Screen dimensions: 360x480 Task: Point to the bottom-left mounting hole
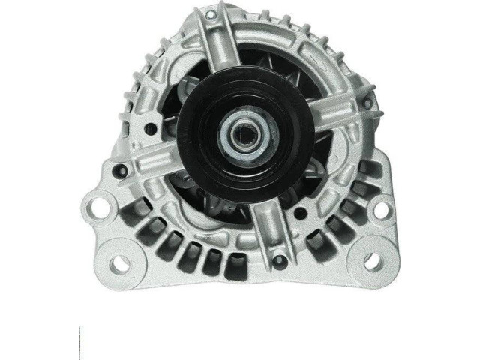point(118,262)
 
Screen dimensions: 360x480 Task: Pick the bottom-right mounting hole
point(370,261)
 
